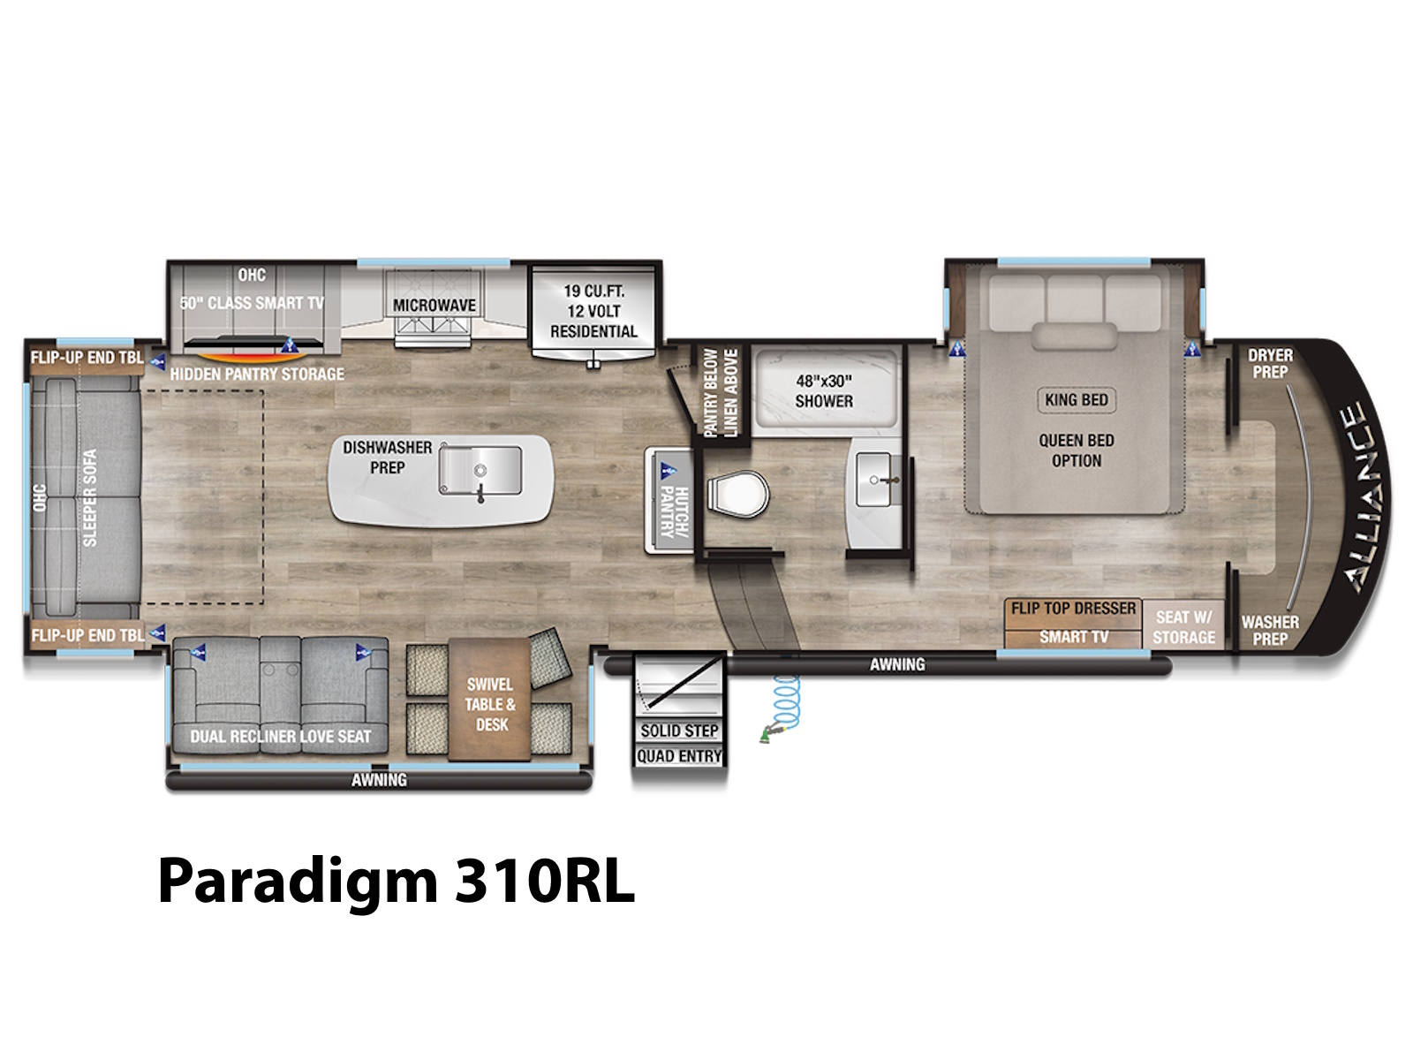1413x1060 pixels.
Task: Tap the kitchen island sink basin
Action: pyautogui.click(x=480, y=471)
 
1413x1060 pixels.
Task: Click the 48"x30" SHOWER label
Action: pyautogui.click(x=824, y=390)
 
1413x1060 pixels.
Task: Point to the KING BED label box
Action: pyautogui.click(x=1077, y=399)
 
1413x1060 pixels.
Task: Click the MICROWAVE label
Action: pyautogui.click(x=434, y=305)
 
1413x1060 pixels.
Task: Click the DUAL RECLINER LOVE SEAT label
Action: pyautogui.click(x=281, y=737)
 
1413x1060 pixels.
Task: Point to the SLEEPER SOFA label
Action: pyautogui.click(x=89, y=497)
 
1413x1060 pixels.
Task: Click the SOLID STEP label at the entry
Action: pyautogui.click(x=679, y=731)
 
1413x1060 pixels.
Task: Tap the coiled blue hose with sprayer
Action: pyautogui.click(x=782, y=708)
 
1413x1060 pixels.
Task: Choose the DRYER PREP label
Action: pyautogui.click(x=1270, y=364)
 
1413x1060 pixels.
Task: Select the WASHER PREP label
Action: pyautogui.click(x=1270, y=631)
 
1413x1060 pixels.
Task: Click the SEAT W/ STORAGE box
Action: pyautogui.click(x=1183, y=625)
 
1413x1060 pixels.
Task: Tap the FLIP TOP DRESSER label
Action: pyautogui.click(x=1073, y=609)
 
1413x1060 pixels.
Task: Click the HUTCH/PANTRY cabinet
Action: pyautogui.click(x=670, y=501)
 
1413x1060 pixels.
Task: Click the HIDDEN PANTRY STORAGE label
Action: pyautogui.click(x=257, y=374)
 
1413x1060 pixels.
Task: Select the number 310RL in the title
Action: pyautogui.click(x=545, y=881)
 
